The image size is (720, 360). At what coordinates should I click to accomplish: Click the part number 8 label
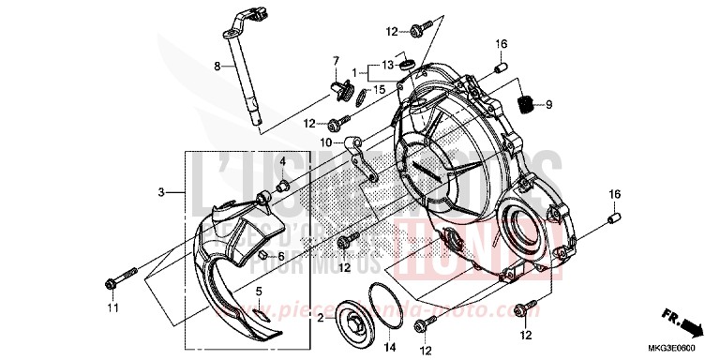(217, 67)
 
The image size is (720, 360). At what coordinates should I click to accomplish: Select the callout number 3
(161, 192)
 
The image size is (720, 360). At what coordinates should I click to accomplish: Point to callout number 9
(548, 105)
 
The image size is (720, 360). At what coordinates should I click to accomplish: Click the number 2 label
(319, 319)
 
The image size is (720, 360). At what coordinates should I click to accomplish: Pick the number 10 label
(323, 142)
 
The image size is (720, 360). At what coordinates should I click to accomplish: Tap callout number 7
(336, 61)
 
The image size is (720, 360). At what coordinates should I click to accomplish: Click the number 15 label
(380, 89)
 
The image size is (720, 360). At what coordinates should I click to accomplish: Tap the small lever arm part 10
(356, 156)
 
